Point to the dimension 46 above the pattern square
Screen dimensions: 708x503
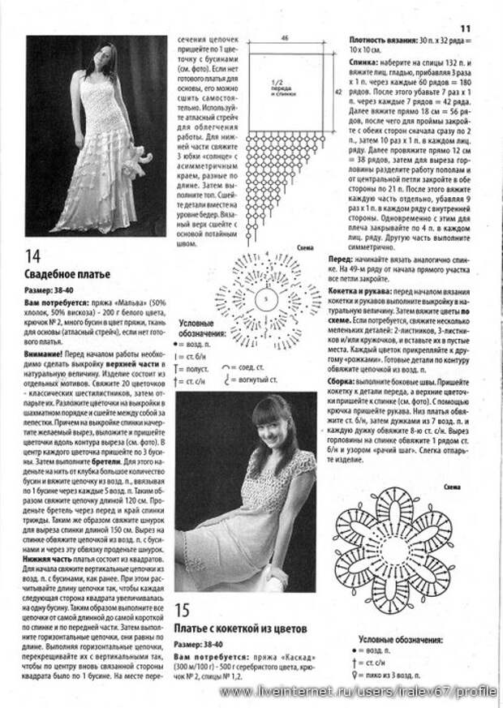tap(286, 38)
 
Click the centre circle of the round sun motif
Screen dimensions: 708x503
tap(264, 299)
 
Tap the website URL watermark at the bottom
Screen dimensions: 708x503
tap(358, 691)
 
